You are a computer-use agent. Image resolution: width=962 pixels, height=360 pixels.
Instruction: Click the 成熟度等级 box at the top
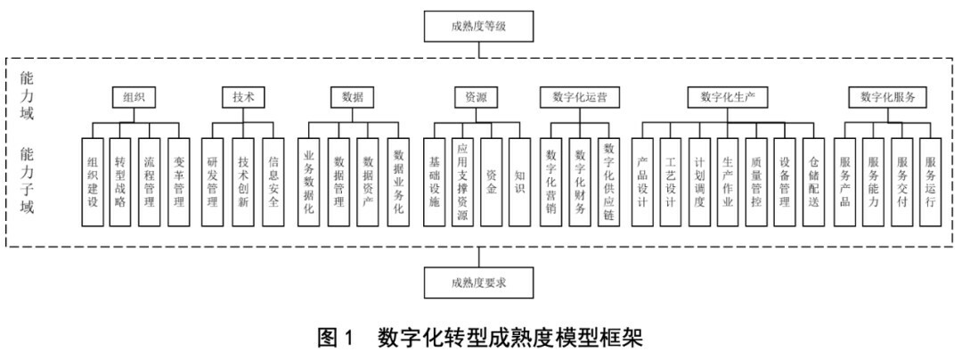478,26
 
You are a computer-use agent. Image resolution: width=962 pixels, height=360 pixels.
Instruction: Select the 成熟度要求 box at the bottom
478,282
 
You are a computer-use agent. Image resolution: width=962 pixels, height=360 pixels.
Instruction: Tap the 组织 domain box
134,97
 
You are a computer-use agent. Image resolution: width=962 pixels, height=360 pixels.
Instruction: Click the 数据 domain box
352,97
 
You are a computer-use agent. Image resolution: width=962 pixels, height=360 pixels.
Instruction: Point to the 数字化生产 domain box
728,97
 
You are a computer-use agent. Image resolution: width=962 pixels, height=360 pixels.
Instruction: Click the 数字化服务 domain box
887,97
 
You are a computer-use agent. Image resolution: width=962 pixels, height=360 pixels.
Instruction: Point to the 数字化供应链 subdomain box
609,182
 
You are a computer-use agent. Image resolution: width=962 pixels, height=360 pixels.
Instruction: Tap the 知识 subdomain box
519,182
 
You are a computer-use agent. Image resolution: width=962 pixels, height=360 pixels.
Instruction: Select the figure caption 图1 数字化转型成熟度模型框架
480,339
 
